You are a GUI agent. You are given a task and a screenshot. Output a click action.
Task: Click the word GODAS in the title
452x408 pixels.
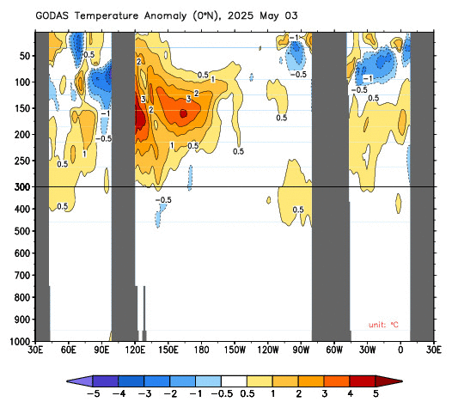click(52, 15)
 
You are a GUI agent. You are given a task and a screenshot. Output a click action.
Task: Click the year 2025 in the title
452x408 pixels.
click(241, 15)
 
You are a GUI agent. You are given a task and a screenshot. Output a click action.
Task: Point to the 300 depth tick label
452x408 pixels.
click(22, 187)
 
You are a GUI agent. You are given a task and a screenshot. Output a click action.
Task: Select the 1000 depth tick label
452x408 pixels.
click(20, 342)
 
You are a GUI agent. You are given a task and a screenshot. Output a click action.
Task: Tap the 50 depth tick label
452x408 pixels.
click(25, 56)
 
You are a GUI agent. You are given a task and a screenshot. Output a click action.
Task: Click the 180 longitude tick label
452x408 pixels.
click(201, 350)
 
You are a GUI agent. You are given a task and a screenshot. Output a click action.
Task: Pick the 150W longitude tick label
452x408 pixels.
click(235, 350)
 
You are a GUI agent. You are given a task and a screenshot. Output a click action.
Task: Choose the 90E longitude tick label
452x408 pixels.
click(101, 350)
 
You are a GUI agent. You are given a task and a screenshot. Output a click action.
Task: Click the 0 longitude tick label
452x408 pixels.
click(400, 350)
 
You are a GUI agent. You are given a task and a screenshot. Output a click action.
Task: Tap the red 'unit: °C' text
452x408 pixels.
click(383, 325)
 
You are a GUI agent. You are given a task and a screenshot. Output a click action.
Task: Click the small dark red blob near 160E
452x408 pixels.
click(183, 113)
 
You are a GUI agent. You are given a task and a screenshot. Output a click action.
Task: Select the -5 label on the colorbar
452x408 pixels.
click(93, 393)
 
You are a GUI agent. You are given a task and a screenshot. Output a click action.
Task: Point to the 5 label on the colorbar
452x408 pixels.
click(376, 393)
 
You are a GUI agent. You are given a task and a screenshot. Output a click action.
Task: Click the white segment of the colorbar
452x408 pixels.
click(234, 381)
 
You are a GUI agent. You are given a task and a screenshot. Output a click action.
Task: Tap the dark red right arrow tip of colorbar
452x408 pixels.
click(389, 381)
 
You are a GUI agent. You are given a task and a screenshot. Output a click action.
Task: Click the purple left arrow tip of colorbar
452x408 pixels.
click(80, 381)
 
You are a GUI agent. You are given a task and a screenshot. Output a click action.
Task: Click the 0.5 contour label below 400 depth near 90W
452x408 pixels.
click(298, 210)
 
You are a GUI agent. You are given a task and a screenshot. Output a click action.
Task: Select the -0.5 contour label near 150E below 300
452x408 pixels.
click(163, 199)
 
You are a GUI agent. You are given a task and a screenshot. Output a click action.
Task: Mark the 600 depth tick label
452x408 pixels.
click(22, 253)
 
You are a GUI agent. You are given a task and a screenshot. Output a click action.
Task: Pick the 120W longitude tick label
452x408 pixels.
click(268, 350)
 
